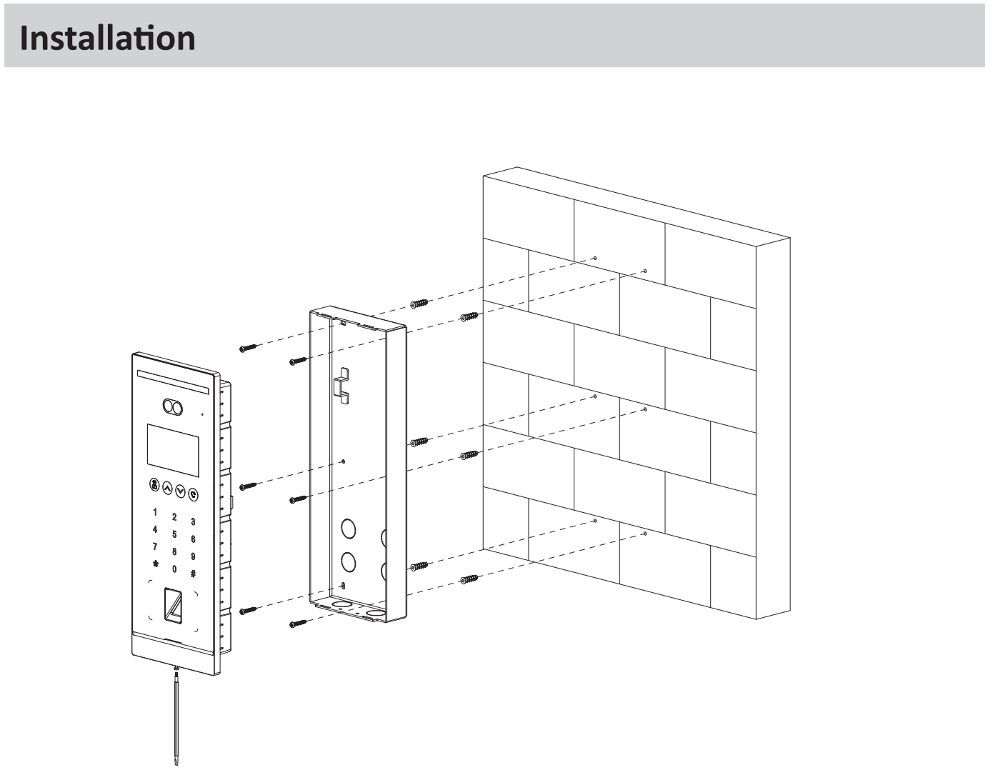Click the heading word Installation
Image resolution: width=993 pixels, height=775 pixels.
[x=107, y=37]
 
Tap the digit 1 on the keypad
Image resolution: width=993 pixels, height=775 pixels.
[x=155, y=512]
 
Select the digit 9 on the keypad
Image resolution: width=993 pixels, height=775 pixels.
[x=193, y=556]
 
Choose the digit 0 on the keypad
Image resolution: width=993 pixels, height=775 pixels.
[x=174, y=569]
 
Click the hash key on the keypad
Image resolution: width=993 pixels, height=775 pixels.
[x=193, y=574]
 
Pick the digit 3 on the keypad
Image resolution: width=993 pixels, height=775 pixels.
[x=193, y=522]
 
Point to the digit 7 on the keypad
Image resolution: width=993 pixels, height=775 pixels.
[x=155, y=546]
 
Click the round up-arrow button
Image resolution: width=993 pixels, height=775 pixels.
[x=167, y=489]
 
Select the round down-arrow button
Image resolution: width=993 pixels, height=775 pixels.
[x=180, y=491]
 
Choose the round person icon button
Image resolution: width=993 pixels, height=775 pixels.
[x=154, y=485]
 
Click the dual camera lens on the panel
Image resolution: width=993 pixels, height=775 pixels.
[x=173, y=407]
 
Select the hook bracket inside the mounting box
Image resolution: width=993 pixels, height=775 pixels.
[x=342, y=386]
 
